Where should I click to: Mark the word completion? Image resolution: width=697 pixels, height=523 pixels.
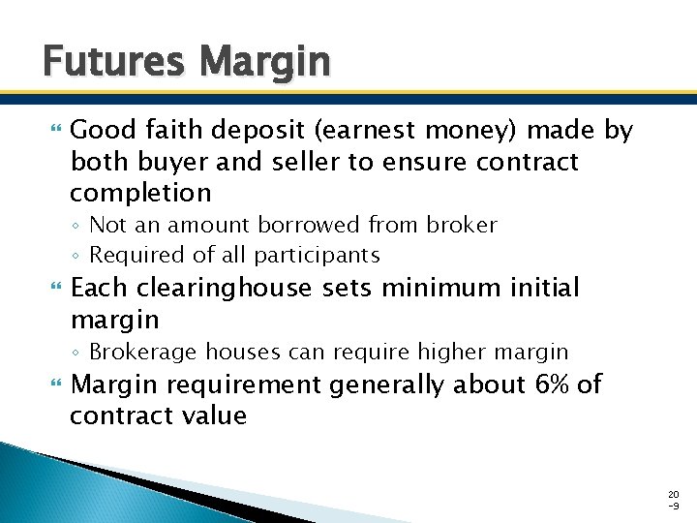coord(140,193)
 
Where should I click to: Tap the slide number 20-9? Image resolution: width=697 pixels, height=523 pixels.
coord(675,499)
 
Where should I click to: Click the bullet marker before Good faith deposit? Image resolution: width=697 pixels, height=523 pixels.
coord(53,130)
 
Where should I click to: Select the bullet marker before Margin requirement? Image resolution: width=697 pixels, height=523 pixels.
coord(53,385)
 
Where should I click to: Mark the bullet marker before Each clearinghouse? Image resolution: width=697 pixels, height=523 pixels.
coord(53,289)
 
